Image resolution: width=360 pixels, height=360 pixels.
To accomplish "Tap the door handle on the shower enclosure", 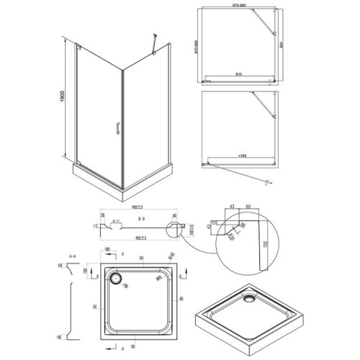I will (x=114, y=129).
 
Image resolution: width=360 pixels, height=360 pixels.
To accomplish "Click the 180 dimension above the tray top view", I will (x=107, y=251).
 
